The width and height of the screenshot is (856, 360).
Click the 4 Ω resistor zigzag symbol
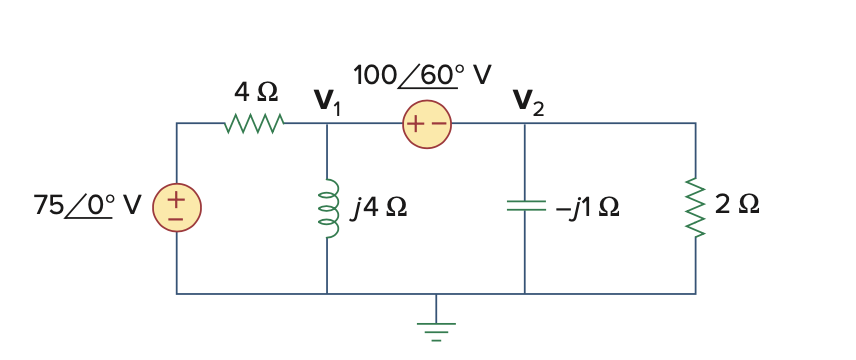click(256, 123)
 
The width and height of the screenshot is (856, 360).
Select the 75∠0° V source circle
click(176, 208)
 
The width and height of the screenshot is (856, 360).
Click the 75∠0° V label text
click(88, 207)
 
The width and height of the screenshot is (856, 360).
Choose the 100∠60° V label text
click(422, 75)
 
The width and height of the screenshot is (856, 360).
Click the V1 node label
click(327, 100)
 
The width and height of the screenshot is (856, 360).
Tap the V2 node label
click(528, 100)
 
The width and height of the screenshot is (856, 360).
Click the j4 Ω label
click(379, 208)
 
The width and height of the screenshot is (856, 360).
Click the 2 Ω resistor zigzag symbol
click(695, 208)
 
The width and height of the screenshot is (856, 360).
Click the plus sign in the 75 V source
click(176, 199)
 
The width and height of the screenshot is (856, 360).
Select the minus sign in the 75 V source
click(176, 218)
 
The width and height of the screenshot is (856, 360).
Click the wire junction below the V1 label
click(327, 123)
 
